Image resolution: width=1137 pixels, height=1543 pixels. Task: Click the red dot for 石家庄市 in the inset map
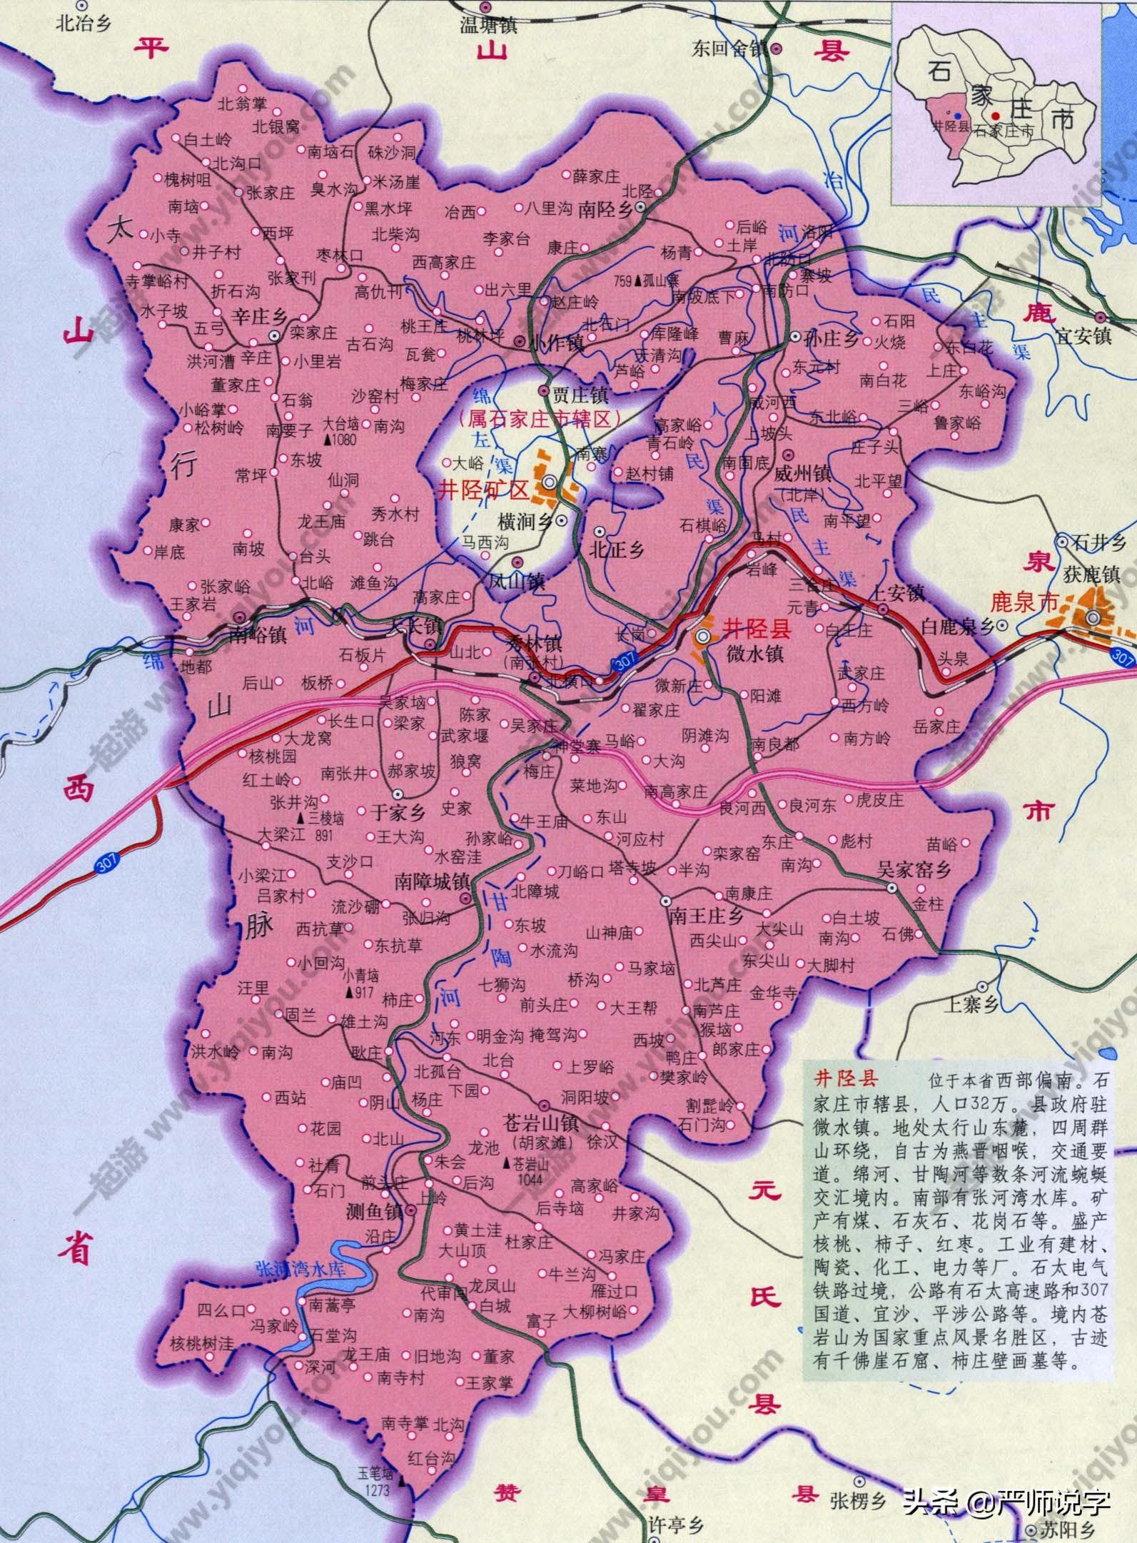995,115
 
